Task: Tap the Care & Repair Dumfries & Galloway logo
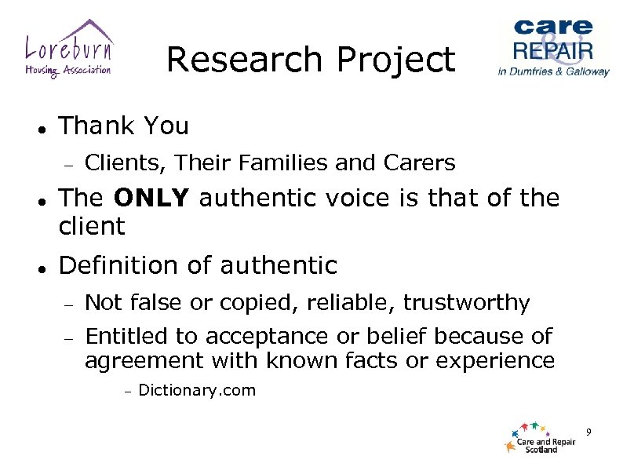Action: click(553, 47)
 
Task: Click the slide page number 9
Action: click(588, 432)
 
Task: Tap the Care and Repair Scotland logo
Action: click(541, 438)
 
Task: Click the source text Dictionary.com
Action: click(196, 391)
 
